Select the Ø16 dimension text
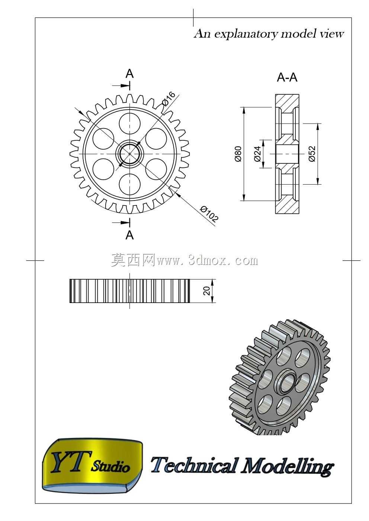click(x=168, y=99)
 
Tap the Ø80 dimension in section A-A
click(x=238, y=154)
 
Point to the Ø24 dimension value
click(x=257, y=154)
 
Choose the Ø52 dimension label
click(x=312, y=154)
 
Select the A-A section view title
click(x=287, y=78)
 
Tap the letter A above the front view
click(x=129, y=74)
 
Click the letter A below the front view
click(x=129, y=235)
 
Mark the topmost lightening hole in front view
click(x=129, y=123)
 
